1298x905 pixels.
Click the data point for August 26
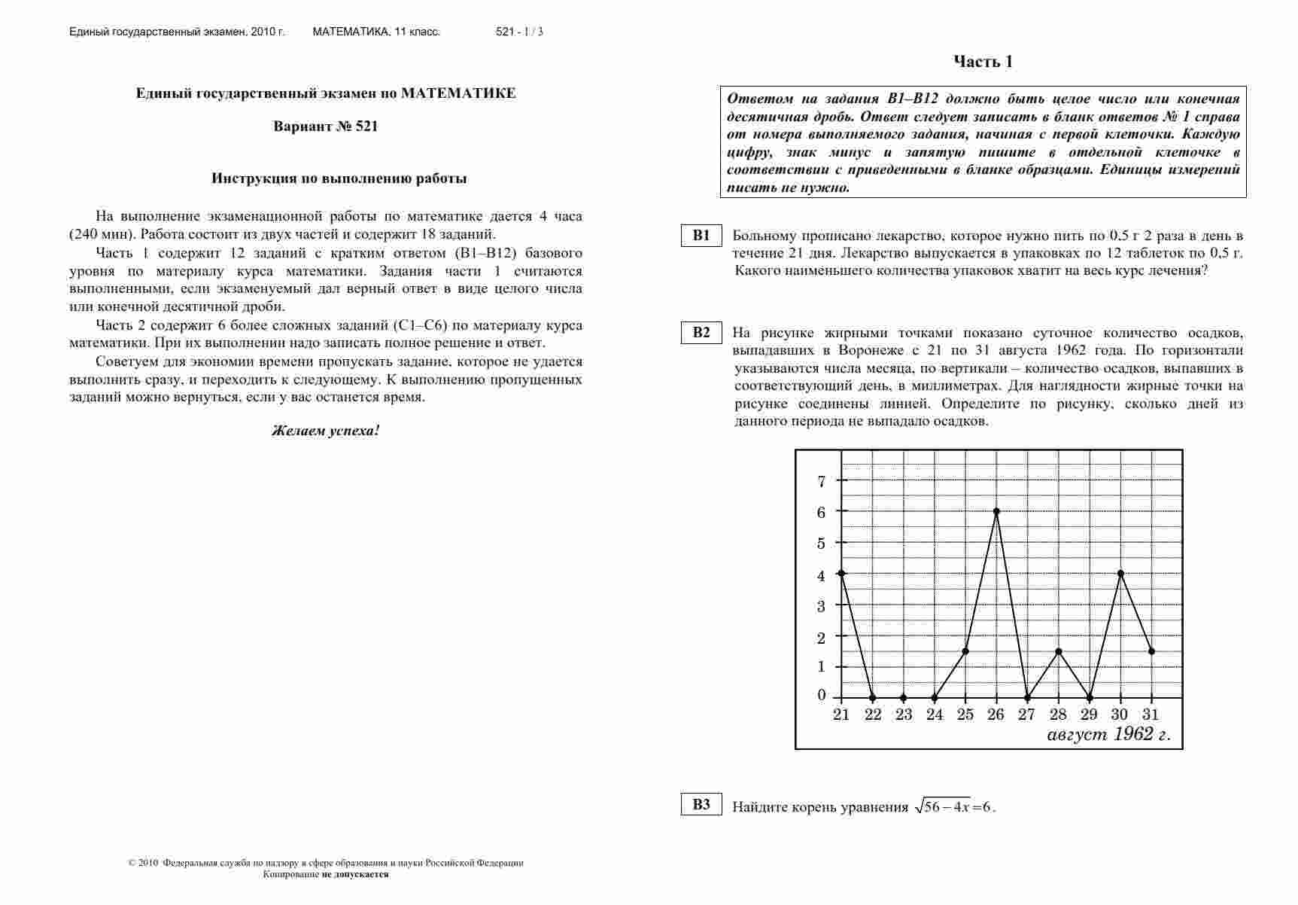click(996, 511)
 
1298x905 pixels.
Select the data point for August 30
click(1121, 574)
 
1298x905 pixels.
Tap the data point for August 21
click(841, 574)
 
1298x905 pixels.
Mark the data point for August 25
click(965, 651)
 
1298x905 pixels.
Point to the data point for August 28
click(1059, 651)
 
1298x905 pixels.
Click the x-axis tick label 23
click(904, 715)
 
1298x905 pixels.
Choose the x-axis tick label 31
click(1151, 715)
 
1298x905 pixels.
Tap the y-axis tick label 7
click(822, 481)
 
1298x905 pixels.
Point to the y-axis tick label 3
click(822, 606)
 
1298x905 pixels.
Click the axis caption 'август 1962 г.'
click(1108, 735)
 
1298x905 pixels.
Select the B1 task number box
click(701, 236)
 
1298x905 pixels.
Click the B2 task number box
click(701, 333)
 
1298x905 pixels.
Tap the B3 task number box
click(701, 805)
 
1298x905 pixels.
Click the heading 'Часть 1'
click(983, 62)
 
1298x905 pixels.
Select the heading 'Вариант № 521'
click(326, 126)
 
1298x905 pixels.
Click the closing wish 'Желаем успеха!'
click(326, 431)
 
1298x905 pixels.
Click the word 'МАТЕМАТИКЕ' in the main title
click(458, 93)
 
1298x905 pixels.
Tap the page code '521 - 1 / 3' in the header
click(519, 32)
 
